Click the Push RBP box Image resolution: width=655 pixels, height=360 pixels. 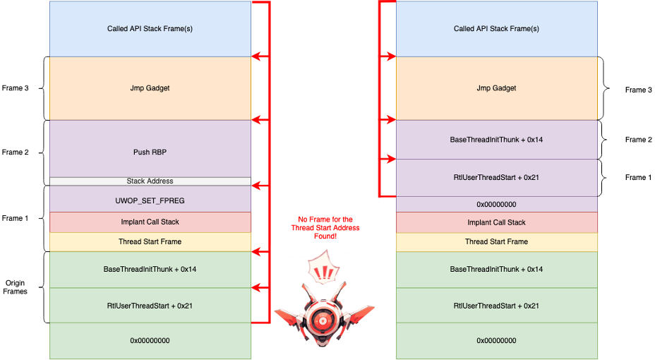point(150,151)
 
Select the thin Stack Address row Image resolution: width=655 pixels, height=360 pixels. point(150,181)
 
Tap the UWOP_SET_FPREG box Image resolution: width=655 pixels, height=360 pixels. point(150,200)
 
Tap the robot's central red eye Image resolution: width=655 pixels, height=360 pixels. point(324,320)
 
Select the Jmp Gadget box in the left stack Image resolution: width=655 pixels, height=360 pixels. point(150,88)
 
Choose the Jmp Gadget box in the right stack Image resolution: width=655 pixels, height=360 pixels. point(496,88)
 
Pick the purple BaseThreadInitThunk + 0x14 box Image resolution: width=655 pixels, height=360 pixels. point(496,140)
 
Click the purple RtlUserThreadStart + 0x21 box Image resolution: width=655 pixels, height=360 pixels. point(496,177)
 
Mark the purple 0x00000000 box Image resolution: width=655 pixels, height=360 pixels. point(496,204)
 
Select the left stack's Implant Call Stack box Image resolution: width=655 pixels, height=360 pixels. point(150,222)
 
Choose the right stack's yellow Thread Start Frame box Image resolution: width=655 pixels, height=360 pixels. point(496,242)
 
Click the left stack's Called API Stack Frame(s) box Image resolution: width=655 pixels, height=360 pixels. point(150,29)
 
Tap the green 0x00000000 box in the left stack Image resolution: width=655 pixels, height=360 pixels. point(150,341)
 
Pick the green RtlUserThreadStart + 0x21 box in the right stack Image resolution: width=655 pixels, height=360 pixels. point(496,306)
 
